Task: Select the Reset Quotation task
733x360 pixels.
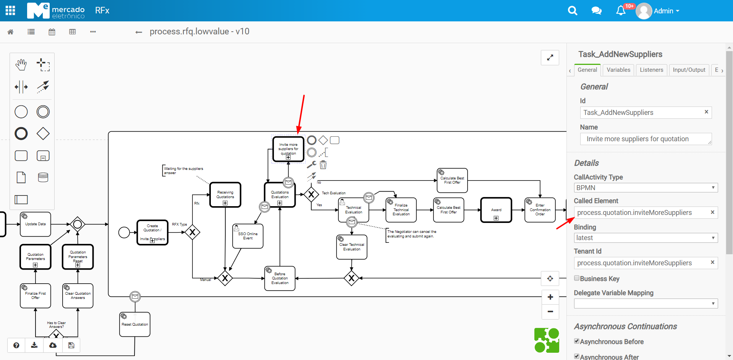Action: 135,324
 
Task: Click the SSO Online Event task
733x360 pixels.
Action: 248,236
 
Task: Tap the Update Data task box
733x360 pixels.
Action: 36,224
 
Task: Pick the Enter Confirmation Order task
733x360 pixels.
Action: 540,210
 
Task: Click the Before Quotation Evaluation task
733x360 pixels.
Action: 280,278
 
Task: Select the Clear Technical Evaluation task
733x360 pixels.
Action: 352,247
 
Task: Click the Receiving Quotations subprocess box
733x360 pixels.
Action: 225,195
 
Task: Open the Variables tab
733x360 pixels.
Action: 618,70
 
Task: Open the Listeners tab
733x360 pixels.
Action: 651,70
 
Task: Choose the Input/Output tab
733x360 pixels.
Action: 689,70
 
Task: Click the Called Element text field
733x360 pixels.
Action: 642,213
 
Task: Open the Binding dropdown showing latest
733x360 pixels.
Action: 646,238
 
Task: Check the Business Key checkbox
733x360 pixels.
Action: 577,278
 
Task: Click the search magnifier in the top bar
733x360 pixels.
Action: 572,11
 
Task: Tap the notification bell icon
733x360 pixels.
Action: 621,11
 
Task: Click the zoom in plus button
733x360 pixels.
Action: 550,297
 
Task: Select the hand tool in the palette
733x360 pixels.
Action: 21,65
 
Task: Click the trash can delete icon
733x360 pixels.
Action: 323,165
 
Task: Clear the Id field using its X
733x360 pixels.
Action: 706,112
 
